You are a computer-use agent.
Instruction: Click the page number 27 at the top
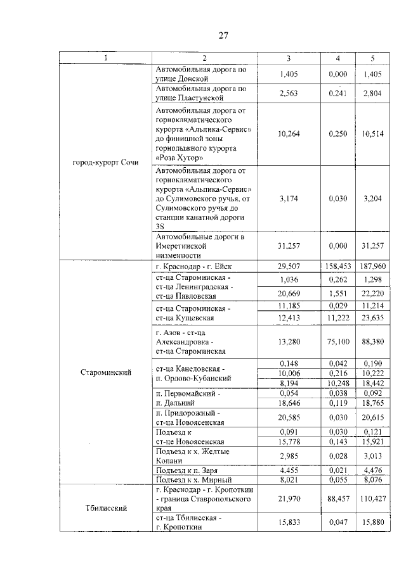click(223, 35)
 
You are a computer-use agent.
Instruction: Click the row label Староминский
click(106, 372)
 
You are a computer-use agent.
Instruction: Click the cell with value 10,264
click(288, 134)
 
